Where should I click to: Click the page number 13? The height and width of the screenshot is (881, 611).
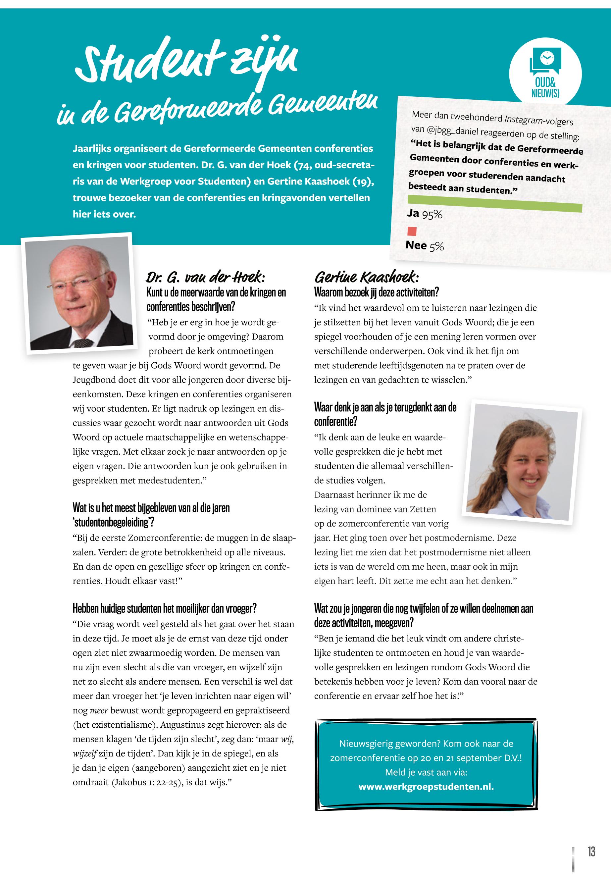[x=591, y=852]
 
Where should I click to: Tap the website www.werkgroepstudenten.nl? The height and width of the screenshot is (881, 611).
[x=426, y=787]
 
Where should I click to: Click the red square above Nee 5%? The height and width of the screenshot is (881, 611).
[x=412, y=231]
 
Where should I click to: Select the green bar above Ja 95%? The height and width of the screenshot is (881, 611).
[x=495, y=203]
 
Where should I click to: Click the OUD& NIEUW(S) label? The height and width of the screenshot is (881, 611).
[x=545, y=88]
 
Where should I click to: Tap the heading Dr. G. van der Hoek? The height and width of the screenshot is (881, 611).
[x=205, y=277]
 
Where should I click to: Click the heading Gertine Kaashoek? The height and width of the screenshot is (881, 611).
[x=366, y=277]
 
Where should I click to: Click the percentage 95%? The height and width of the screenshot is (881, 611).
[x=432, y=215]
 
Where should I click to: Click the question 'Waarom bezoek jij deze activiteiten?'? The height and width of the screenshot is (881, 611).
[x=376, y=292]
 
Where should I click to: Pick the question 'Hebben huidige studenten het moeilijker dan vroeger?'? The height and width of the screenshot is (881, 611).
[x=164, y=608]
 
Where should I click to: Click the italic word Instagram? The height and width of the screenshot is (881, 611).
[x=524, y=120]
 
